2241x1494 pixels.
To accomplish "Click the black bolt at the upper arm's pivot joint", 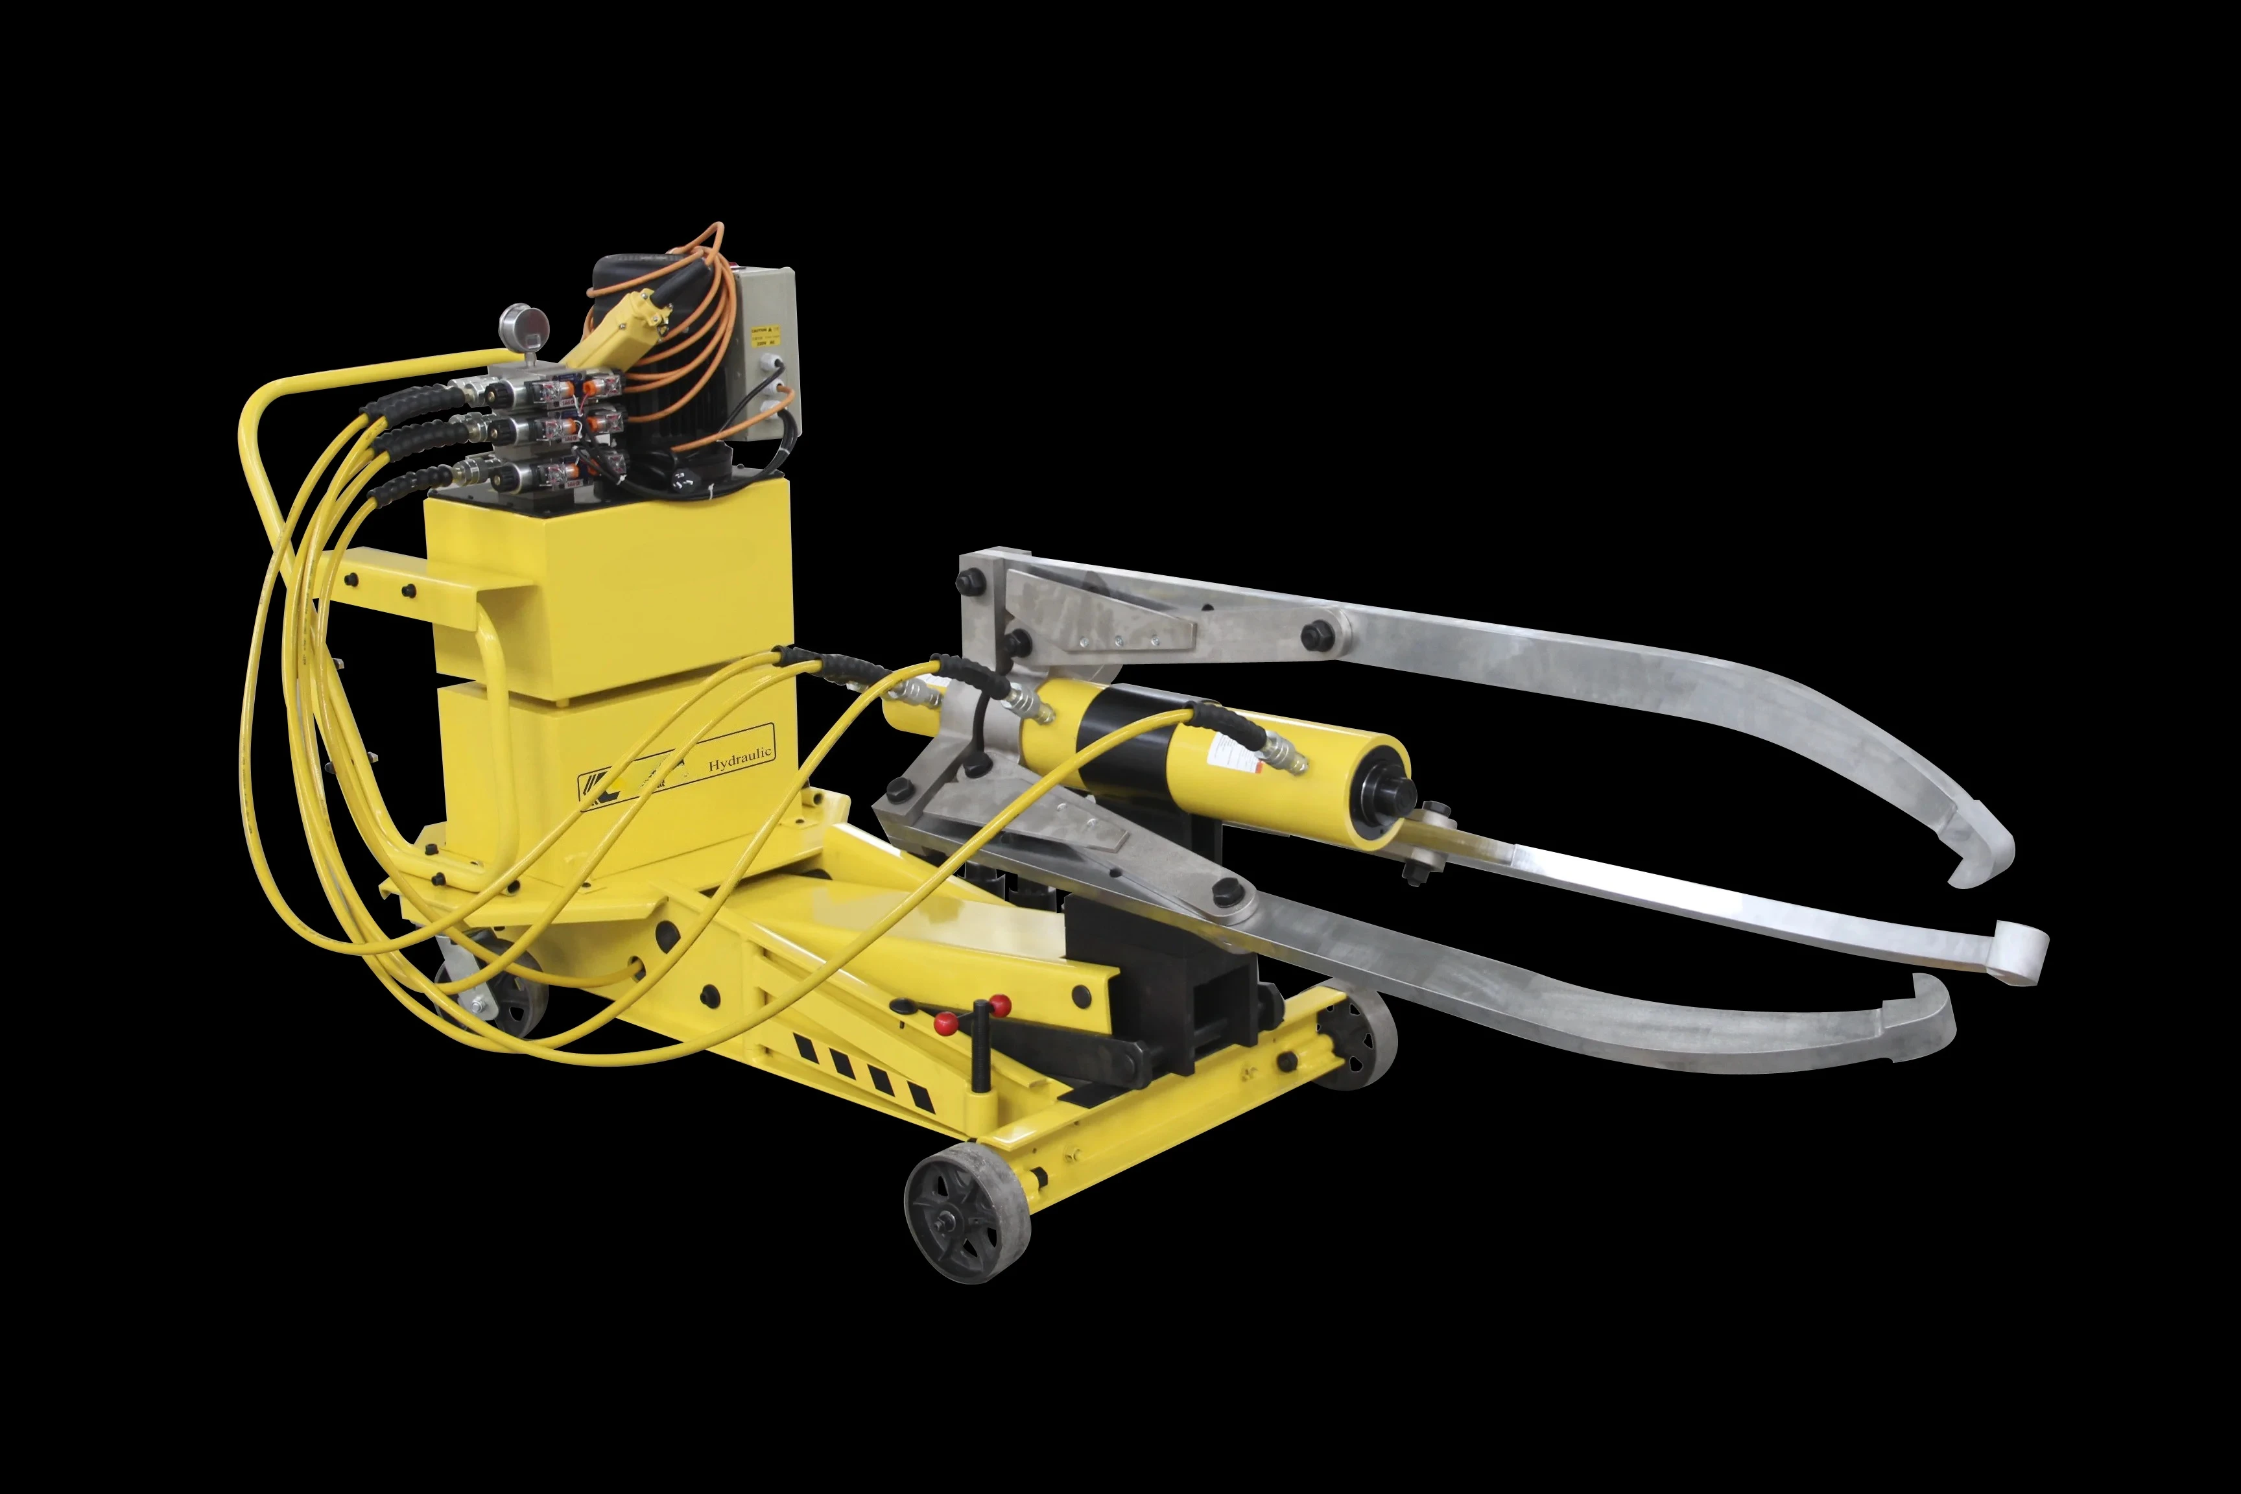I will coord(1320,633).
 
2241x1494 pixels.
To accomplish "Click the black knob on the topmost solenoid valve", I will coord(493,390).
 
